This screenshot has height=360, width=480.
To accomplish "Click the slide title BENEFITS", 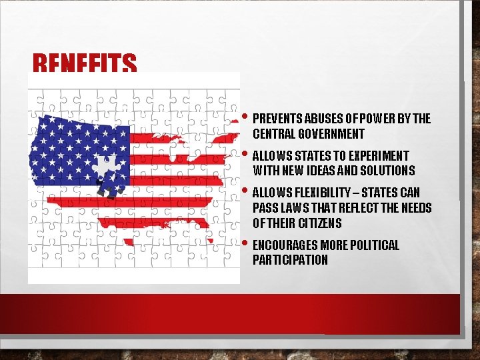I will click(85, 65).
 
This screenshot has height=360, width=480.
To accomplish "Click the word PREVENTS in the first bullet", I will click(277, 119).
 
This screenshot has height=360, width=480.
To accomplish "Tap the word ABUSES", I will click(321, 119).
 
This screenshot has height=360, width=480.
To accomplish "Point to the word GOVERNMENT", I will click(333, 135).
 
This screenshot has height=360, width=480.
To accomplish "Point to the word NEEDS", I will click(415, 208).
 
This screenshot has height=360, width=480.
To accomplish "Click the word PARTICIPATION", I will click(290, 260).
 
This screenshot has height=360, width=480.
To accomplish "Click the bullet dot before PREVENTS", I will click(247, 118).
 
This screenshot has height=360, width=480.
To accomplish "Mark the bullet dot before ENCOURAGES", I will click(247, 243).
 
